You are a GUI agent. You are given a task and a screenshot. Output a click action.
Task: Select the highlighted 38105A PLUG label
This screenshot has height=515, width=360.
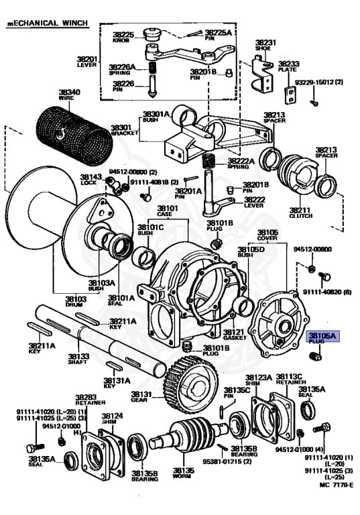coord(323,337)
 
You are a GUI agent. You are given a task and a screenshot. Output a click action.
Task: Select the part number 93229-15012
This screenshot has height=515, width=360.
coord(318,82)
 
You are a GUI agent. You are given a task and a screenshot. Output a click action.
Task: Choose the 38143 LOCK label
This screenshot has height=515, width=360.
coord(93,180)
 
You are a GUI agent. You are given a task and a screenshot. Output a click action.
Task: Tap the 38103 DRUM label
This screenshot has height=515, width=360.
coord(76,302)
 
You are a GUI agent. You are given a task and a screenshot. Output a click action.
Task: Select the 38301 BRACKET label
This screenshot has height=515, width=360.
coord(121,129)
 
